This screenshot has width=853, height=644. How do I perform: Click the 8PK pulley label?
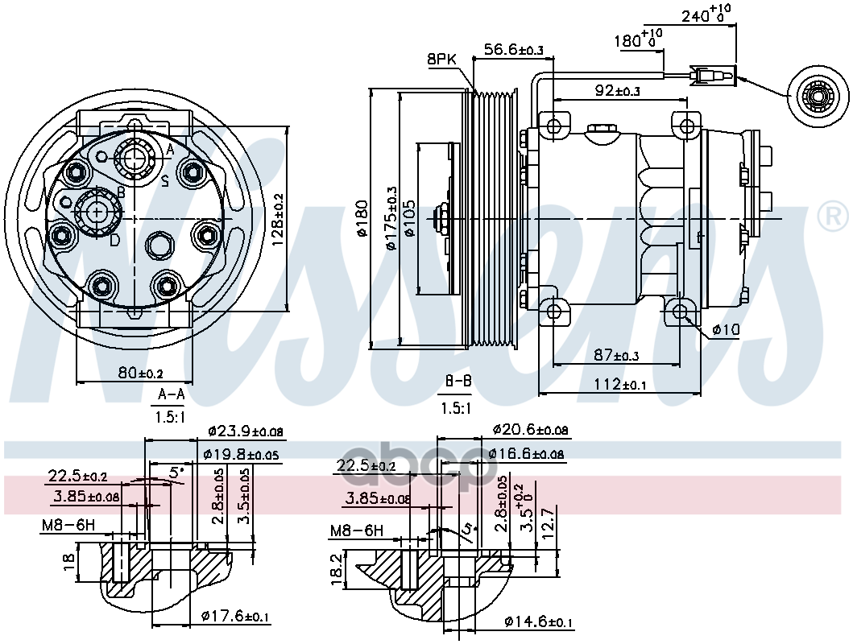click(443, 59)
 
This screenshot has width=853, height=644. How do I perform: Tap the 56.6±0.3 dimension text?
click(514, 50)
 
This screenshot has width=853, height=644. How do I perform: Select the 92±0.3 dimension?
click(618, 91)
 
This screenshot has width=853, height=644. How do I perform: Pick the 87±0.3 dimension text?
click(617, 355)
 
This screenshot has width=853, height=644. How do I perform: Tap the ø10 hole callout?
click(726, 330)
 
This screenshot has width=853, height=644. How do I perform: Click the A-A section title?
click(170, 395)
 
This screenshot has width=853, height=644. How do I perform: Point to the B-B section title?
click(458, 381)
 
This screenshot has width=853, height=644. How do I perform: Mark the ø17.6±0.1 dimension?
click(235, 617)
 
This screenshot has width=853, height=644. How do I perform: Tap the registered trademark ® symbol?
click(832, 217)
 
